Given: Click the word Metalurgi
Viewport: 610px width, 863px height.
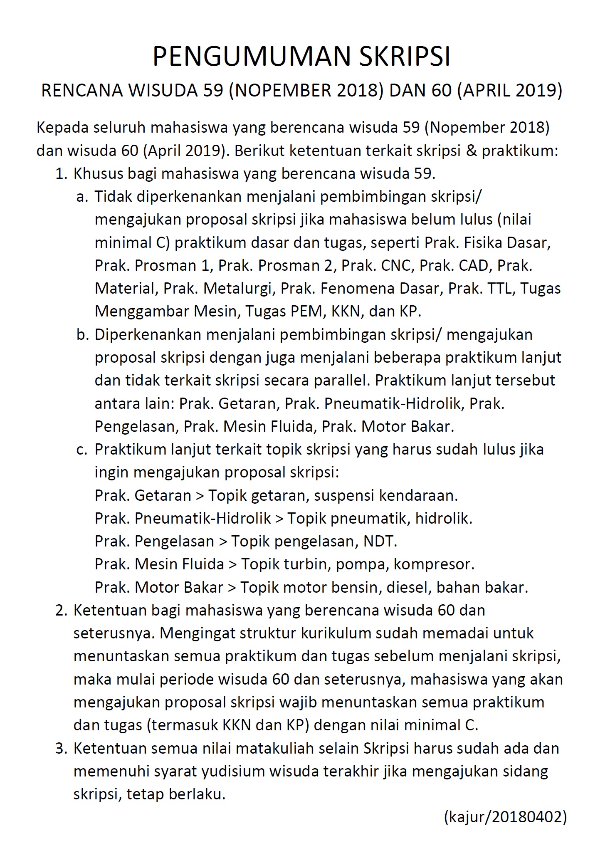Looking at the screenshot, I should coord(239,288).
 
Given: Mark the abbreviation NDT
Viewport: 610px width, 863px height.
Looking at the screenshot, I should coord(380,541).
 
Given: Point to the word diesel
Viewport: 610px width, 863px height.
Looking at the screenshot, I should coord(407,587).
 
